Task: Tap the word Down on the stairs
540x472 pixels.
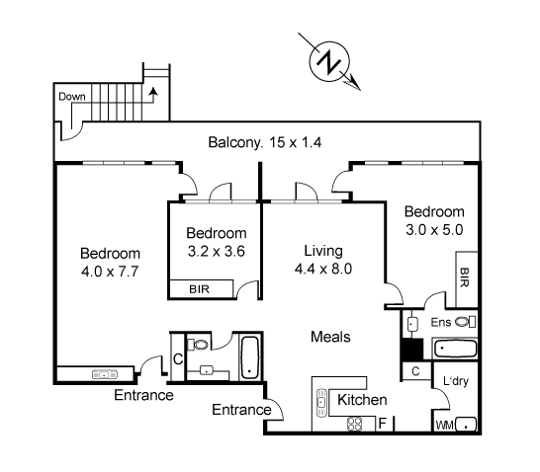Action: (x=71, y=97)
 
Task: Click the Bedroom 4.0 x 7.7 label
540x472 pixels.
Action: (x=110, y=261)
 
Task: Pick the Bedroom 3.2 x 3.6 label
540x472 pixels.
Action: (x=216, y=242)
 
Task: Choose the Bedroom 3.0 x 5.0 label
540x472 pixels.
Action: (x=433, y=220)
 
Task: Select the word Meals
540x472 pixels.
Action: (x=331, y=337)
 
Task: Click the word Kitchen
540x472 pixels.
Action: (x=362, y=400)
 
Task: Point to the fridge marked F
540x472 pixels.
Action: (x=383, y=425)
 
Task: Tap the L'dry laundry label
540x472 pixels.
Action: (x=456, y=381)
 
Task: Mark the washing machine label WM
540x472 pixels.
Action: (x=446, y=426)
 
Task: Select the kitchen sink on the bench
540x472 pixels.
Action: (x=322, y=403)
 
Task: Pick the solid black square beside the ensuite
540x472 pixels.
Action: (x=409, y=350)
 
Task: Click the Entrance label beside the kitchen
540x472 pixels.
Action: (x=242, y=410)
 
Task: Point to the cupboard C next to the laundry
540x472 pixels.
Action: (x=415, y=371)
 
